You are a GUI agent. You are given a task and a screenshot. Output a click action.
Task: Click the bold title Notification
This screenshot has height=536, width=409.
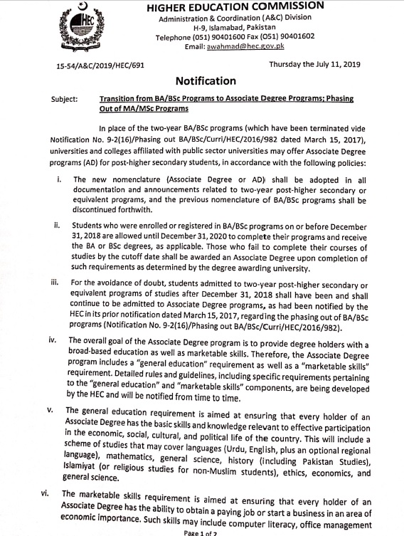[205, 81]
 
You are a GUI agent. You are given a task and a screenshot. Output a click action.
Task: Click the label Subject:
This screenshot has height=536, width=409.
[65, 100]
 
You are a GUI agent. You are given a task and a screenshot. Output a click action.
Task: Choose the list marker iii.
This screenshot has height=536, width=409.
[56, 283]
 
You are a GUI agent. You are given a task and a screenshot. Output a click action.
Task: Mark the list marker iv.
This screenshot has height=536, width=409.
[53, 340]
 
